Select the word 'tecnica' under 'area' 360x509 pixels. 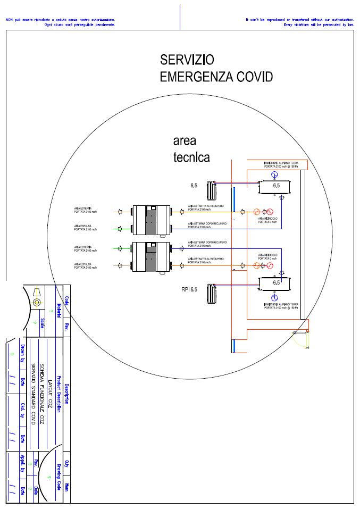(x=191, y=157)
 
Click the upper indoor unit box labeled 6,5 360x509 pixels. (x=275, y=187)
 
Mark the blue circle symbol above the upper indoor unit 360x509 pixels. (x=274, y=174)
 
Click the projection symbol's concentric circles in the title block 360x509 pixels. (x=37, y=302)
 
